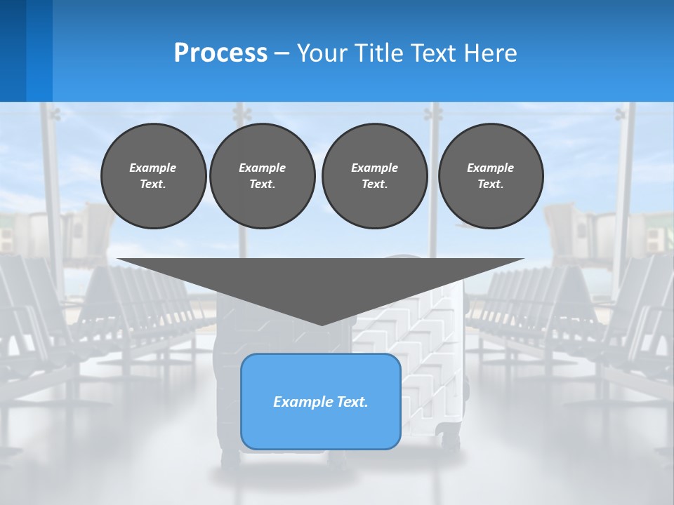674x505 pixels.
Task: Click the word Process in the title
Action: coord(220,53)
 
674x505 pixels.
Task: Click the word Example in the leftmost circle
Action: coord(153,168)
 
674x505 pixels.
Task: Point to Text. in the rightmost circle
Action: coord(491,184)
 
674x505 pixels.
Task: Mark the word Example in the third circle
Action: coord(375,168)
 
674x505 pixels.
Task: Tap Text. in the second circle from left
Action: coord(263,184)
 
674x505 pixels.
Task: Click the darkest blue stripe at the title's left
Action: coord(13,50)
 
